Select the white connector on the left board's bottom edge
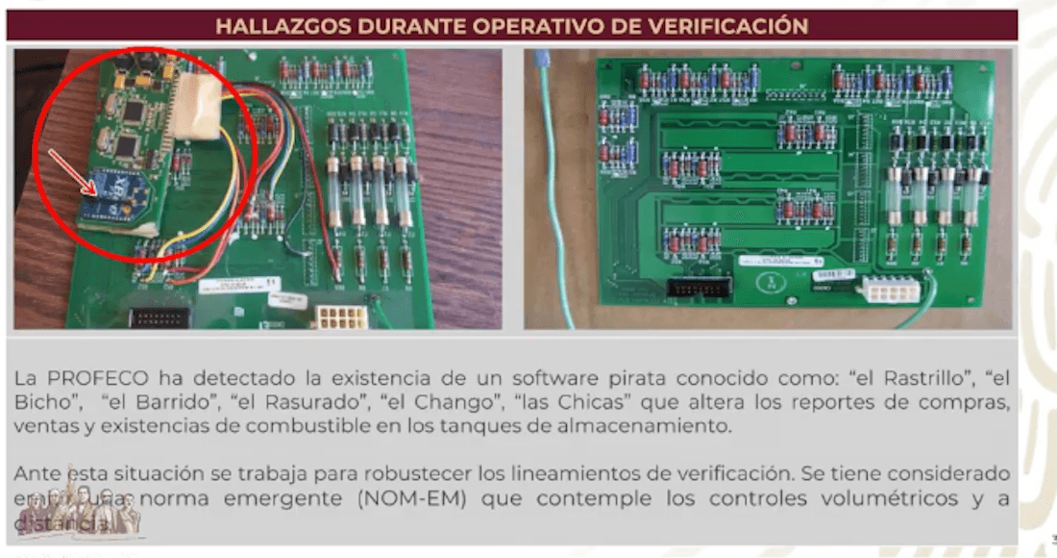click(342, 317)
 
